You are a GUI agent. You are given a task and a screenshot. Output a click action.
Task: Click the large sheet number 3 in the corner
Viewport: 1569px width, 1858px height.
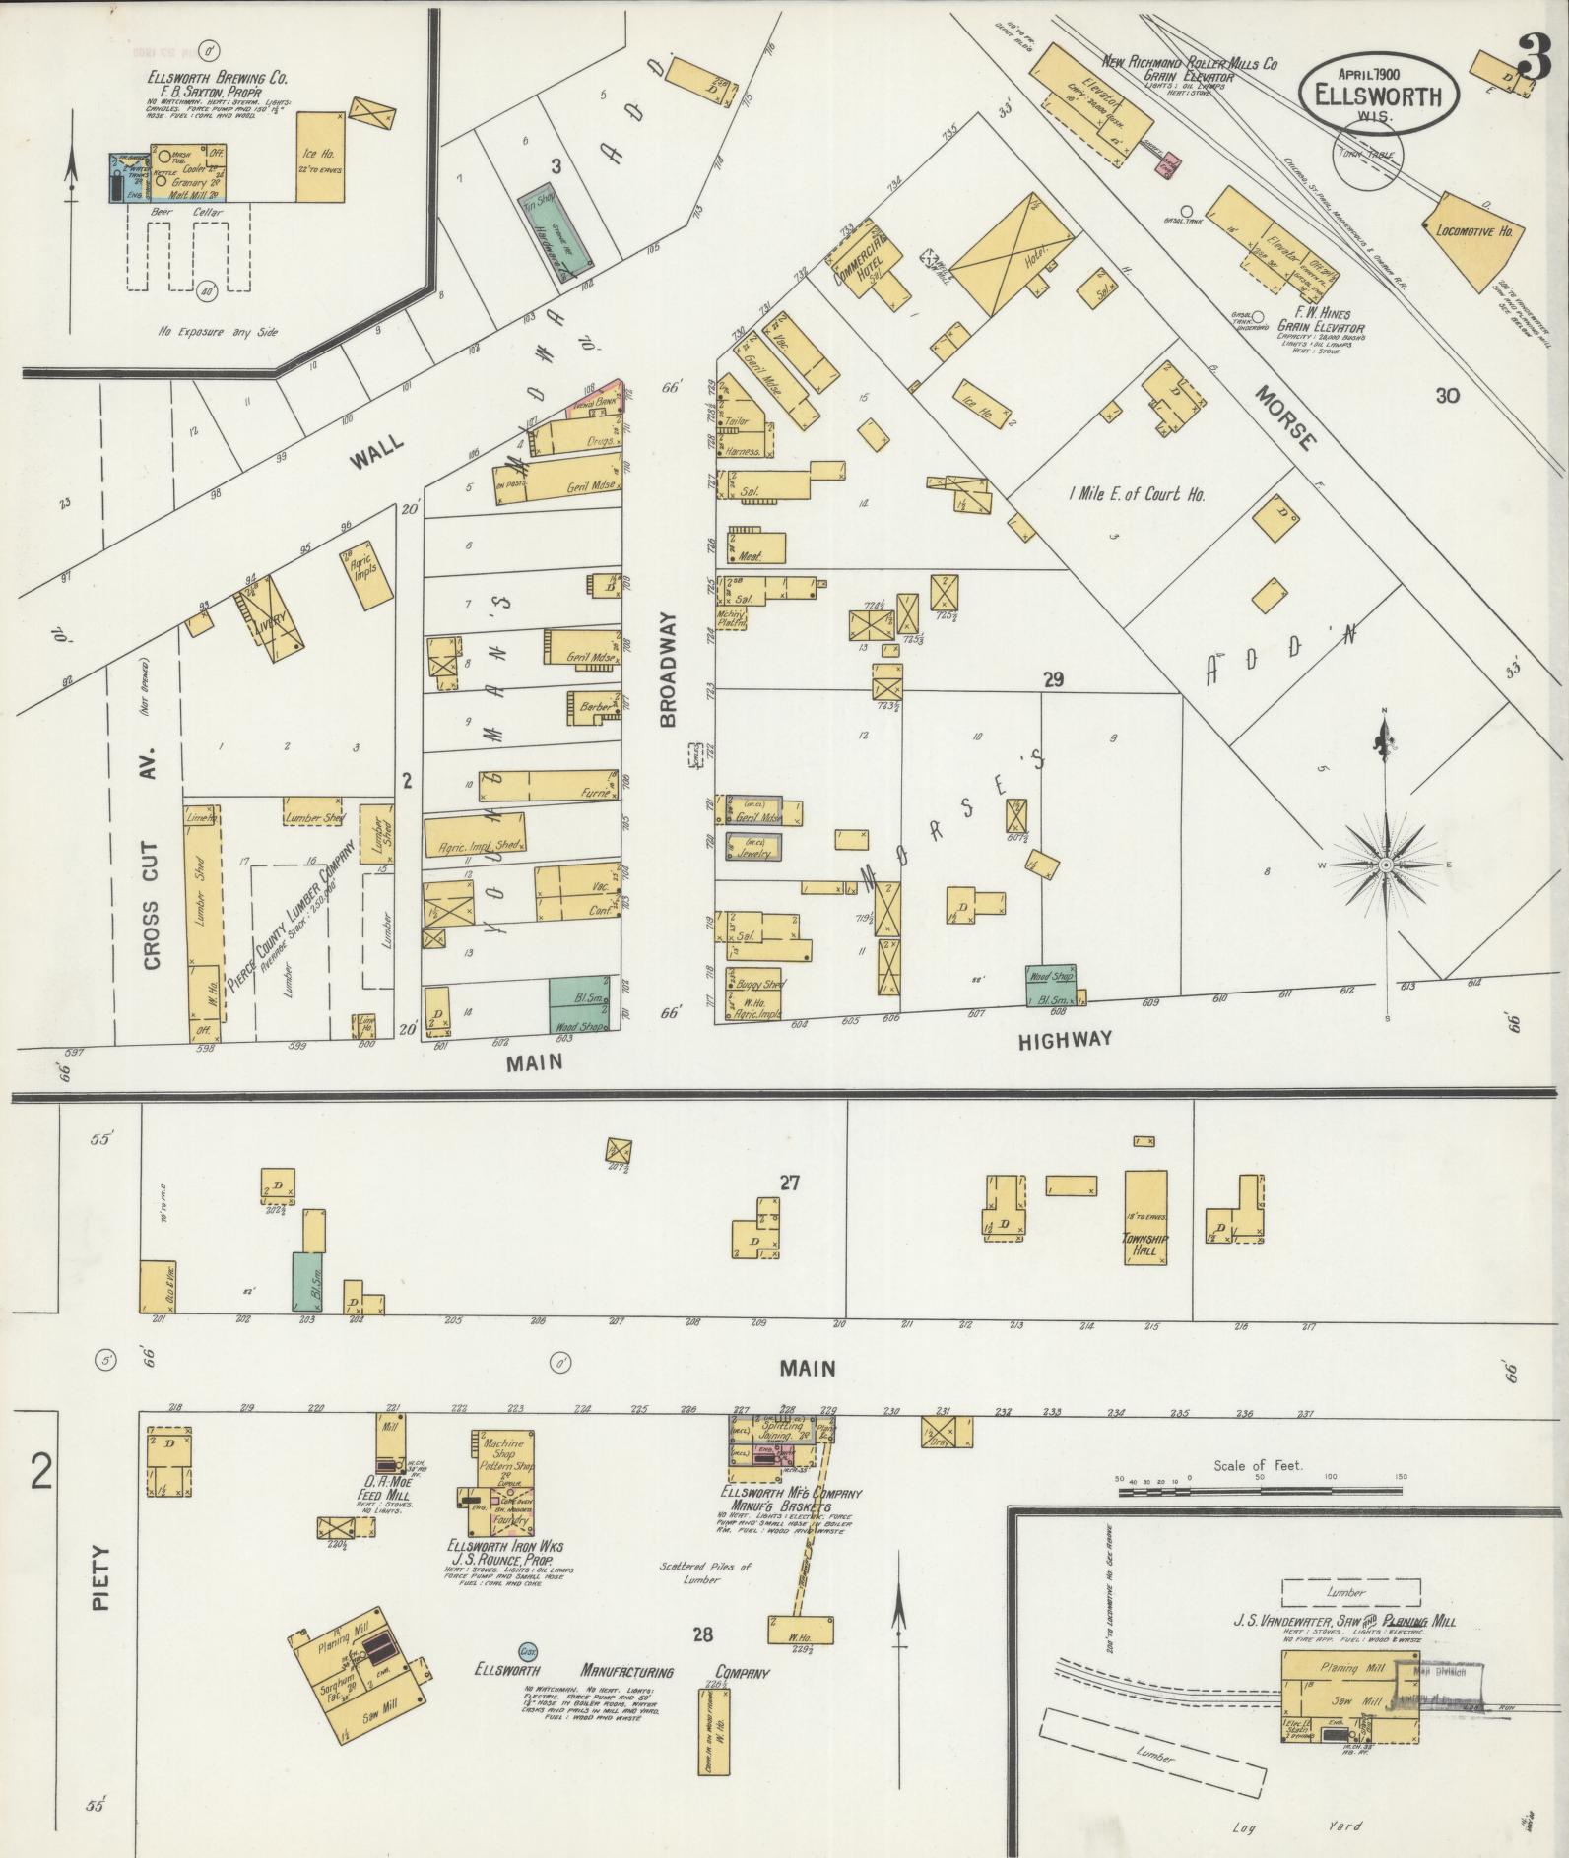(x=1534, y=56)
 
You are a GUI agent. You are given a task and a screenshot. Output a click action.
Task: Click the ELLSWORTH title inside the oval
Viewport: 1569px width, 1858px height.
(x=1377, y=96)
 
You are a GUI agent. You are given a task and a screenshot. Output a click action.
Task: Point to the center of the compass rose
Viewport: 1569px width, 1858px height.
(x=1385, y=865)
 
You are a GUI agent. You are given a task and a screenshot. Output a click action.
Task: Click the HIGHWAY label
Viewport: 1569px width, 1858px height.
(x=1064, y=1038)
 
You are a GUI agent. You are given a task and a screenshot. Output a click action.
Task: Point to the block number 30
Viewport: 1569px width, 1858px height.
(x=1446, y=396)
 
